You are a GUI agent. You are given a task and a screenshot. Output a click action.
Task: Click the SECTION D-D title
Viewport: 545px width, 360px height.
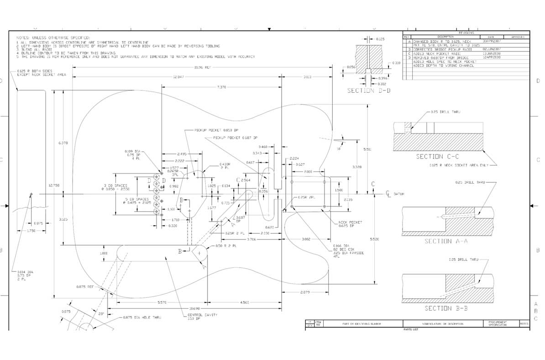tap(368, 90)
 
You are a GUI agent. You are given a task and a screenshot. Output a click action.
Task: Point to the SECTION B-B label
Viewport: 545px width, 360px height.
tap(446, 308)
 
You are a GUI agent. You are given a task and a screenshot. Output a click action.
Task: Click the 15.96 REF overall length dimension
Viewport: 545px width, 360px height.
tap(201, 68)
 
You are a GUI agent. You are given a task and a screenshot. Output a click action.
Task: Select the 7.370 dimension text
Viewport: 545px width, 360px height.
tap(221, 87)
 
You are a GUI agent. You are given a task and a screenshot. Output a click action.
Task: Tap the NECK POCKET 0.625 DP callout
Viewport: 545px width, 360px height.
tap(350, 224)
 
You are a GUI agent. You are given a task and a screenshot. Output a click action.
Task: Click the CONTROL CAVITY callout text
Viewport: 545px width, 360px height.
tap(202, 316)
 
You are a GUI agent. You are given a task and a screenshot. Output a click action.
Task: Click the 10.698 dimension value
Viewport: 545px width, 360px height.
tap(194, 309)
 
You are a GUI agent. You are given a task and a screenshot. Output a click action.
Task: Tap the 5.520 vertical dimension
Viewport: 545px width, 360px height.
tap(373, 239)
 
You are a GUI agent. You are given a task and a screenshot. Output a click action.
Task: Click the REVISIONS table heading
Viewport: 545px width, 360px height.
tap(466, 33)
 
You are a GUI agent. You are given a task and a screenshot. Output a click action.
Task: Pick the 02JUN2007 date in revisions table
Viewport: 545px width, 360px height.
tap(491, 48)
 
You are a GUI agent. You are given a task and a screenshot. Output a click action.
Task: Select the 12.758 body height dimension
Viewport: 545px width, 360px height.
tap(54, 185)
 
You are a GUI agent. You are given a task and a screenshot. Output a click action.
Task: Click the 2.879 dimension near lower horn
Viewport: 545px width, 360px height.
tap(305, 292)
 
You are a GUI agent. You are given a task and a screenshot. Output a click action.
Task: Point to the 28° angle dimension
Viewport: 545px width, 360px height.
tap(101, 314)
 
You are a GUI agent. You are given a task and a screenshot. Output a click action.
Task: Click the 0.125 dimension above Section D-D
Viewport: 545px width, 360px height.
tap(380, 39)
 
